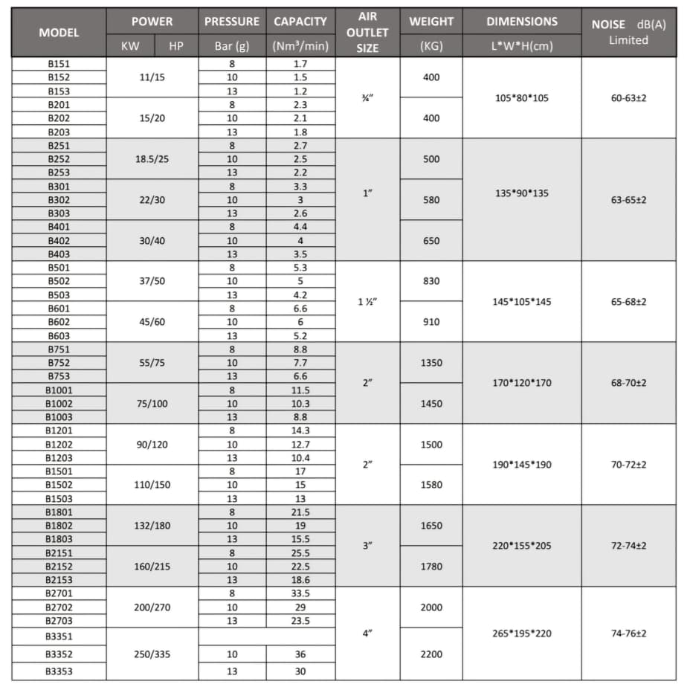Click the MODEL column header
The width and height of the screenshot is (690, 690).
tap(59, 33)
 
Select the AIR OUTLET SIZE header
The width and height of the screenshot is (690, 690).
tap(367, 33)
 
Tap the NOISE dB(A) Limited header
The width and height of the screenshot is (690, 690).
tap(628, 33)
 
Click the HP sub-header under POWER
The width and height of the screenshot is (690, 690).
tap(176, 46)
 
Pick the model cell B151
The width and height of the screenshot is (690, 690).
tap(59, 64)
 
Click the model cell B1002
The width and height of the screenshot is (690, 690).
tap(59, 404)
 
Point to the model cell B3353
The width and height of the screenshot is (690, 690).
tap(59, 671)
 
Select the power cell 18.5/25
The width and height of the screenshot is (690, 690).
tap(152, 159)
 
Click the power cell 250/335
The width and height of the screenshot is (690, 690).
tap(152, 654)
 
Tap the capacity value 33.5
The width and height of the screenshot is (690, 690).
tap(300, 593)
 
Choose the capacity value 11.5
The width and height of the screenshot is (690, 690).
tap(300, 390)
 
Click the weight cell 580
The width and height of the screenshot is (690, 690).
tap(431, 200)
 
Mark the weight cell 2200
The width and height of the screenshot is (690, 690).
tap(431, 654)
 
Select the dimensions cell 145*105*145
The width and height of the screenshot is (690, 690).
tap(521, 302)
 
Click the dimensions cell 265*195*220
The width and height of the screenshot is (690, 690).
tap(521, 633)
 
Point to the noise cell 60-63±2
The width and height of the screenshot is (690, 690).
tap(628, 98)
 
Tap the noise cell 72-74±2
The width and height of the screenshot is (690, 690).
tap(628, 546)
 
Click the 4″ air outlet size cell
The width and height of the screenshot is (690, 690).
tap(367, 633)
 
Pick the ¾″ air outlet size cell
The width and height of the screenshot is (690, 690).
tap(367, 98)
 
